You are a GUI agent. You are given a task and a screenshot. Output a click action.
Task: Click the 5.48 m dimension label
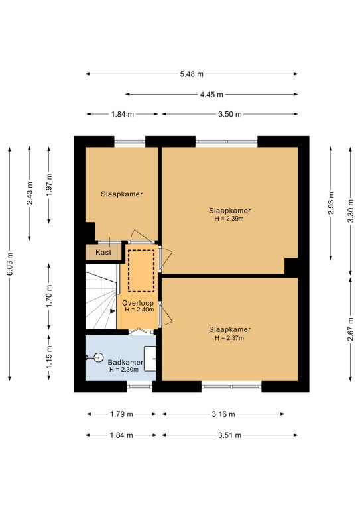click(x=192, y=74)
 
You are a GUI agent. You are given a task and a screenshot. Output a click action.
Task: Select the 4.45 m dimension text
click(x=211, y=95)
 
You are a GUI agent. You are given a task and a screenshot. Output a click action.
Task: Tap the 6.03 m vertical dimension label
click(x=10, y=264)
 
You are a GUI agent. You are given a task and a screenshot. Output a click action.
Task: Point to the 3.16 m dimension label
click(x=223, y=414)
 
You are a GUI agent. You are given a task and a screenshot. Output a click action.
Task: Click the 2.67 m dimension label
click(x=351, y=329)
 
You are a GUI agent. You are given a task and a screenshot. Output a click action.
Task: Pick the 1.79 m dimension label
click(x=121, y=414)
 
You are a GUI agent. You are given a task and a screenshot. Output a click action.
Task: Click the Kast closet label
click(x=103, y=253)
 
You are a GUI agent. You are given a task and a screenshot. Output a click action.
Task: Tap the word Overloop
click(x=138, y=303)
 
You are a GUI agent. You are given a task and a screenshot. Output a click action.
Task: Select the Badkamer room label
click(x=125, y=363)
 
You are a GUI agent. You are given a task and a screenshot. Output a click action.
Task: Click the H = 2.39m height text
click(x=229, y=219)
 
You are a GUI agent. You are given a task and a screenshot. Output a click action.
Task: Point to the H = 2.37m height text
click(x=229, y=338)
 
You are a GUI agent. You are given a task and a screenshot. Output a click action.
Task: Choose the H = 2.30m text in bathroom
click(x=124, y=370)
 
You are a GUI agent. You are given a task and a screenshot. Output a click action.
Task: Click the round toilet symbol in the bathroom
click(x=97, y=357)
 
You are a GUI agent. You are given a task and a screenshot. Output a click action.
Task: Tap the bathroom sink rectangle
click(x=150, y=359)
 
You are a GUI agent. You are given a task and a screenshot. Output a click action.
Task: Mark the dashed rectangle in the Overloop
click(x=141, y=270)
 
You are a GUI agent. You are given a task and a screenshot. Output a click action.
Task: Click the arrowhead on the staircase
click(x=113, y=311)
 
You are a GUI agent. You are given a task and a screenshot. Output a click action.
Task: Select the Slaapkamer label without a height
click(x=122, y=194)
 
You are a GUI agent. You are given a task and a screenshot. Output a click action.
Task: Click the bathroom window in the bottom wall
click(x=140, y=386)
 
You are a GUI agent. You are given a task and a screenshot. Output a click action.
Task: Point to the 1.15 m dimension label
click(x=49, y=357)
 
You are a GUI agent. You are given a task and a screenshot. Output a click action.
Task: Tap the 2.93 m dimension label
click(x=331, y=203)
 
